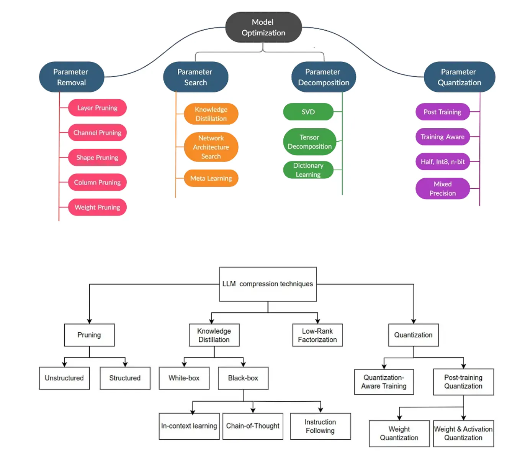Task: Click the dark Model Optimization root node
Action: pos(263,27)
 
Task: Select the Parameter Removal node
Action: pos(72,77)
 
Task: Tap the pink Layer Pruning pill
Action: pos(97,108)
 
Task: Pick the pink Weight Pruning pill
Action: pos(97,207)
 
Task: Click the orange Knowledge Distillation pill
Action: pos(211,114)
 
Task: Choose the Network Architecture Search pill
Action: pos(211,147)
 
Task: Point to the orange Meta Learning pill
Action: pos(211,178)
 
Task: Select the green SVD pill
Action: pos(308,112)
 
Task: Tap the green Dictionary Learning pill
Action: pos(308,170)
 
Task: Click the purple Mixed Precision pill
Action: pos(443,188)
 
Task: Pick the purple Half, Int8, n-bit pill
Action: pos(443,161)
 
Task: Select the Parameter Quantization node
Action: pos(459,77)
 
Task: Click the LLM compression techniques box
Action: pos(268,284)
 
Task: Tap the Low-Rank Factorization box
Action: pos(317,335)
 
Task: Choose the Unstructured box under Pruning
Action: pos(64,378)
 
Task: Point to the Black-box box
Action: pos(243,378)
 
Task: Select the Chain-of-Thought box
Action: pos(253,426)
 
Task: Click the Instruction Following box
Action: pos(320,426)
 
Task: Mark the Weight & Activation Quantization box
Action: pos(463,433)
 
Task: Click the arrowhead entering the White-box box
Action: pos(184,364)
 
